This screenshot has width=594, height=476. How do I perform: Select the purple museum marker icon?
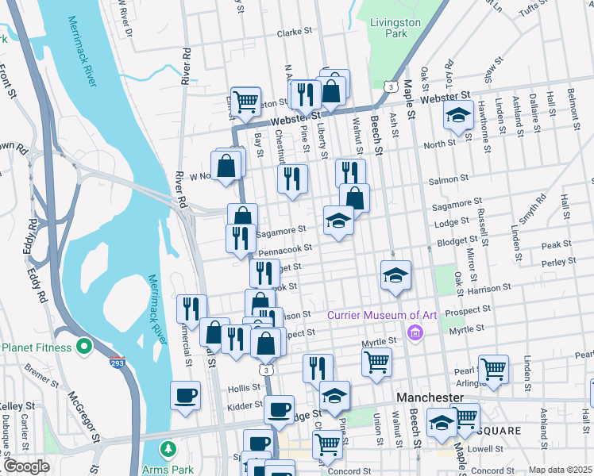tap(414, 332)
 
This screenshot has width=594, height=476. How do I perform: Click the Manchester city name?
tap(430, 396)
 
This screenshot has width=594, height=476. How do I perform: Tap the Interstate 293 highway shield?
tap(116, 363)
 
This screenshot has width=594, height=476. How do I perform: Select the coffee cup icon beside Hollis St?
tap(186, 395)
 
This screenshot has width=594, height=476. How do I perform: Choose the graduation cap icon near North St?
tap(458, 115)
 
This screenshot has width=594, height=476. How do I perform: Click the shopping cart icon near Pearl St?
tap(493, 369)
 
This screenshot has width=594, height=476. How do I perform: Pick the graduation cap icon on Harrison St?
tap(395, 274)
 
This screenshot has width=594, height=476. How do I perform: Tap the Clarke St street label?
tap(295, 33)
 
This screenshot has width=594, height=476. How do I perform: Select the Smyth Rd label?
tap(531, 208)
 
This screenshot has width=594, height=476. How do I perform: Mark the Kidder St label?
tap(244, 405)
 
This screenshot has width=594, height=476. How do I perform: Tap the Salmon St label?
tap(445, 181)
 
